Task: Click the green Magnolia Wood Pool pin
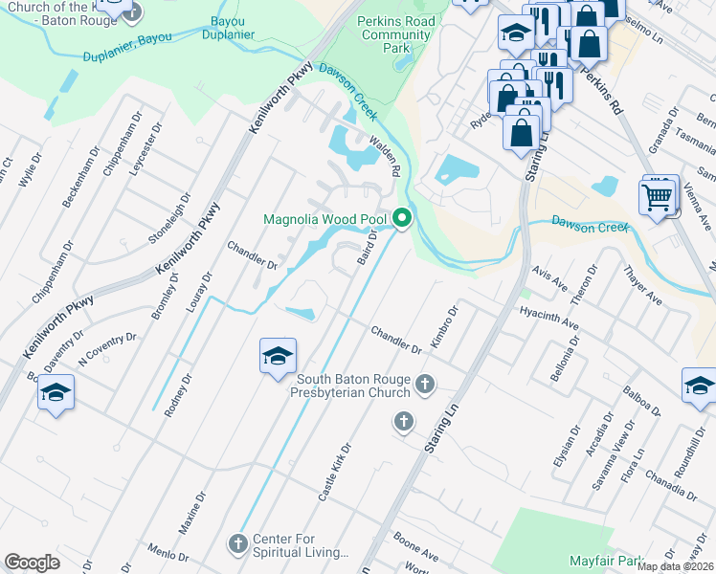[402, 220]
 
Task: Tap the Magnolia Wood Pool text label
[325, 220]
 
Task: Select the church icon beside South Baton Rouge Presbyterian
[426, 386]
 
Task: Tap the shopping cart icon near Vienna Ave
[658, 198]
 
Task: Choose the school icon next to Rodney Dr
[278, 358]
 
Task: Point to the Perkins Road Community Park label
[395, 34]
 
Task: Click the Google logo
[32, 563]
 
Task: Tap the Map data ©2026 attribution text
[675, 566]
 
